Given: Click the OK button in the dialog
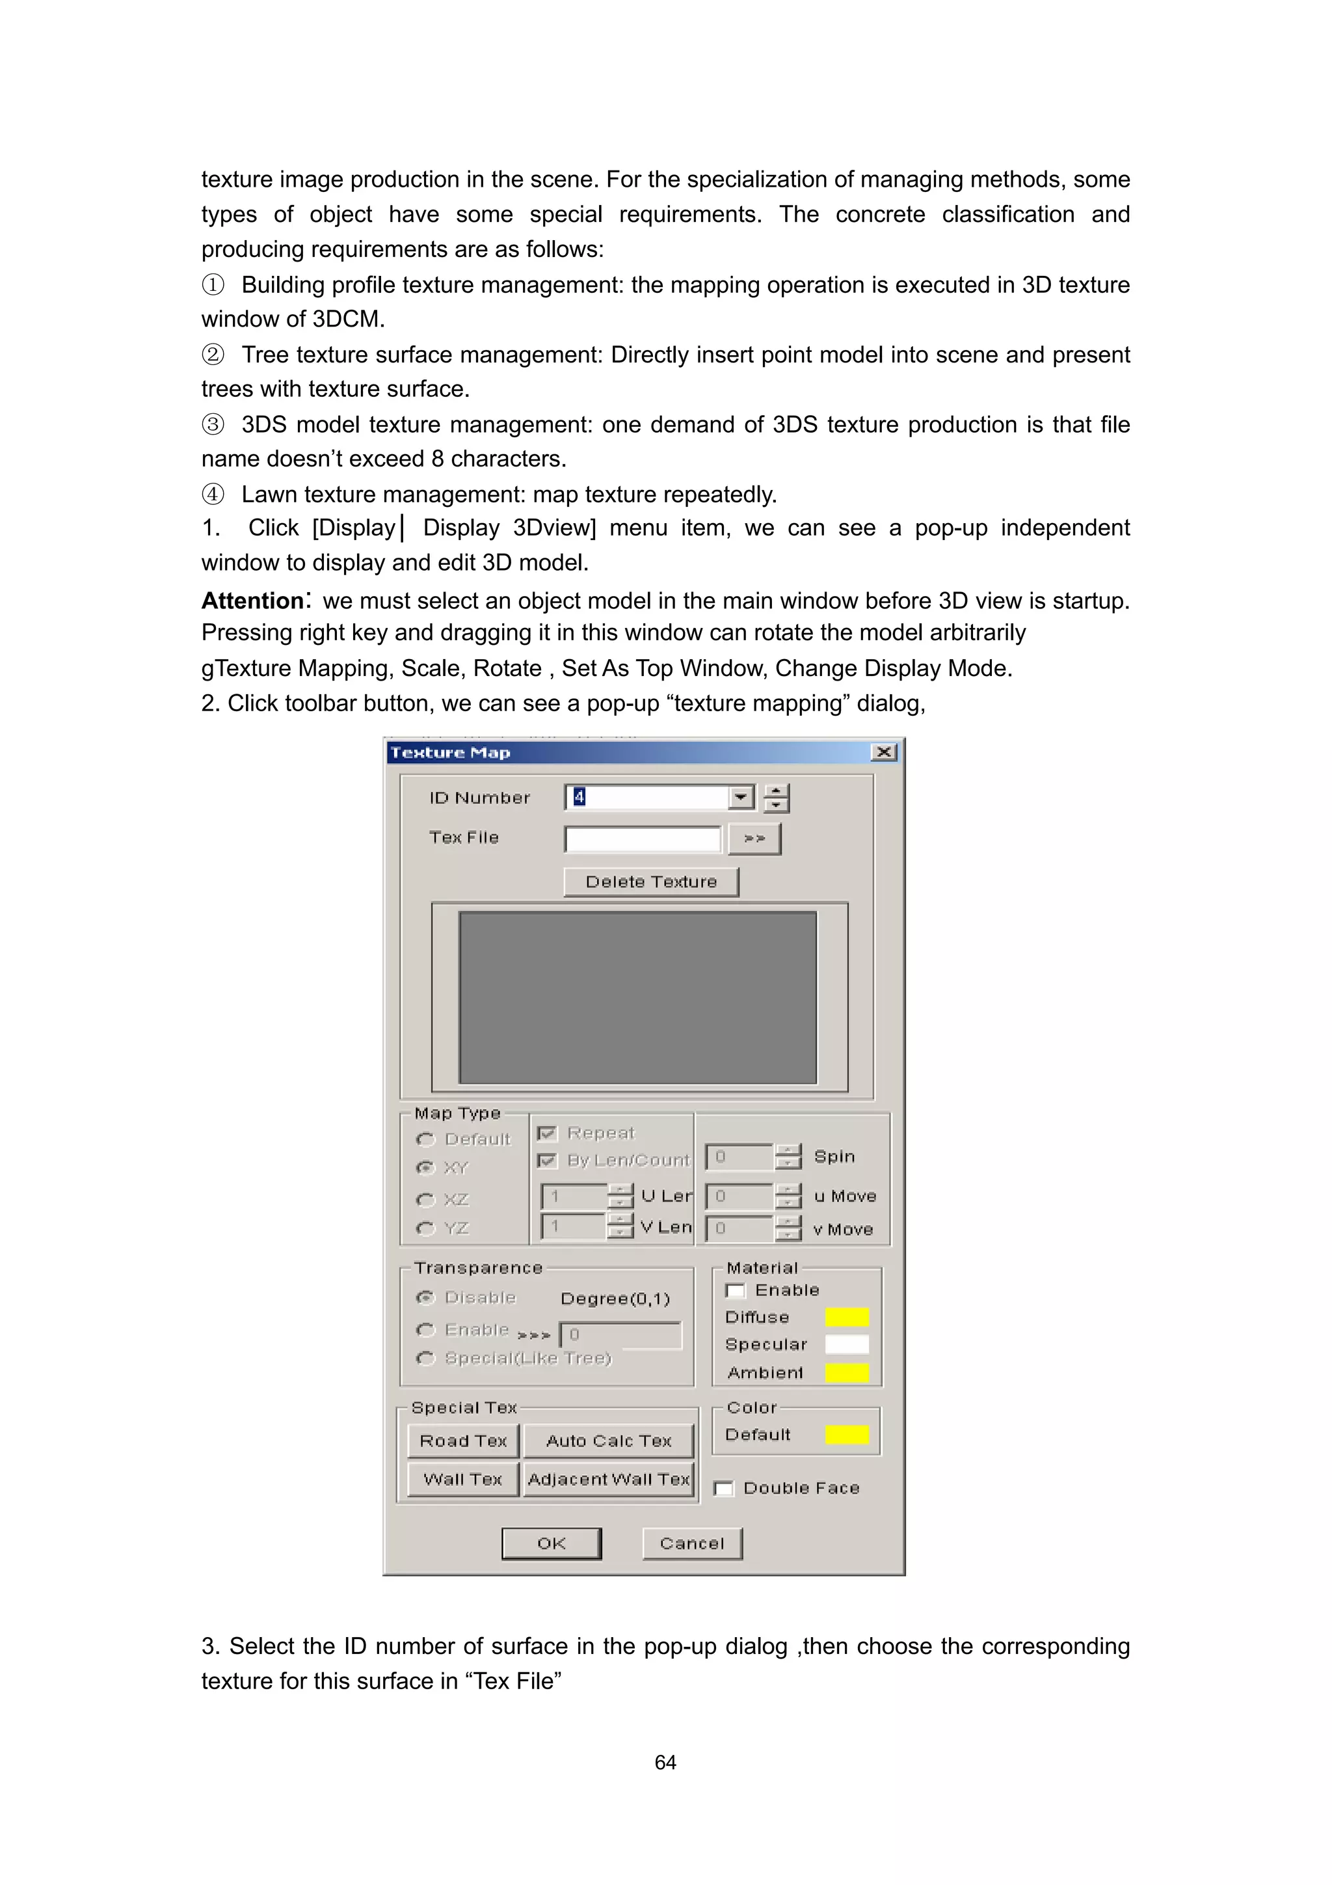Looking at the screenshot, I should point(551,1543).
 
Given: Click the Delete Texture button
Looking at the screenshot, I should point(651,882).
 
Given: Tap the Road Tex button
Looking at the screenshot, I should point(463,1441).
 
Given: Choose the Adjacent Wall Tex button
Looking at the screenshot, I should point(608,1480).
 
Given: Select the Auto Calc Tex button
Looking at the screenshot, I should point(608,1441).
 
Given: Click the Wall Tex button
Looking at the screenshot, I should point(463,1480).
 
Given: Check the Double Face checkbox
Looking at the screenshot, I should point(724,1489).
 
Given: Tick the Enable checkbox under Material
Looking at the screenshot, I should point(736,1290).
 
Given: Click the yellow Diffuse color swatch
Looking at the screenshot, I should point(847,1317).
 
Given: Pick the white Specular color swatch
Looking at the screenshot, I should point(847,1344).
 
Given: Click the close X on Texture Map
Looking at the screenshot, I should point(884,752).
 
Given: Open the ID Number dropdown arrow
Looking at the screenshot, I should point(741,797).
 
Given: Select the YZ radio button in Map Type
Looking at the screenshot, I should point(425,1228).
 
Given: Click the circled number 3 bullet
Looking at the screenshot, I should point(213,424).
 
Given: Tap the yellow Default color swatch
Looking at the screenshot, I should point(847,1434).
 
